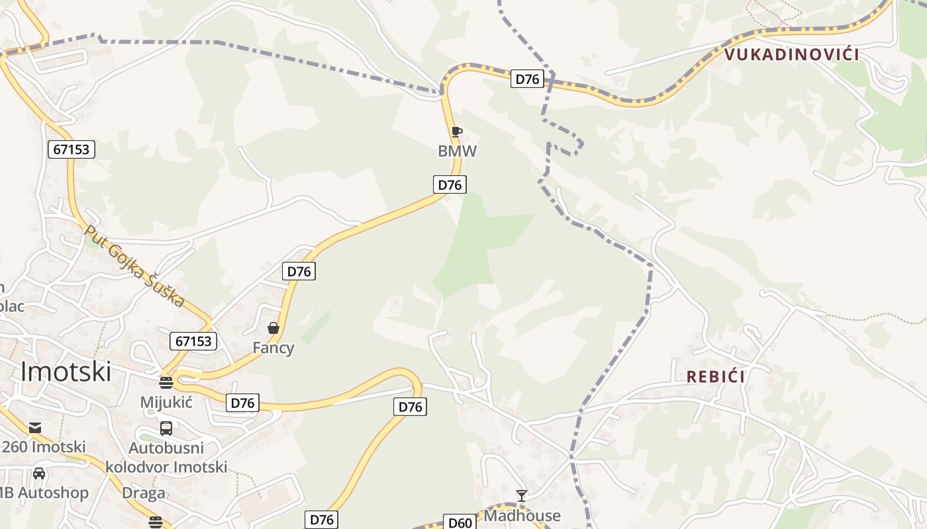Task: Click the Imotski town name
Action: coord(66,372)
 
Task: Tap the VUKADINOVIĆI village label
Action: coord(792,54)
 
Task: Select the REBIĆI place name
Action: coord(716,377)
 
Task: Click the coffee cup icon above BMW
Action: coord(456,132)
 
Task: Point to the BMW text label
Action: coord(457,151)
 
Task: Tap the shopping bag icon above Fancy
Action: coord(273,328)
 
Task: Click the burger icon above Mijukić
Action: coord(166,382)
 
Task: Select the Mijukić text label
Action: coord(166,401)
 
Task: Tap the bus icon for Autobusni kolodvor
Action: coord(166,428)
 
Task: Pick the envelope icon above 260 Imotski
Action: coord(35,428)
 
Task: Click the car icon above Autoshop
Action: coord(39,473)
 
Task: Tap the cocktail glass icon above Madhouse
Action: coord(522,496)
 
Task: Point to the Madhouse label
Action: coord(522,515)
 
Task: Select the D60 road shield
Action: coord(460,522)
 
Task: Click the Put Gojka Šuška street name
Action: coord(135,266)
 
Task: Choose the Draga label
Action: coord(144,493)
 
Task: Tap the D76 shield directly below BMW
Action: coord(450,184)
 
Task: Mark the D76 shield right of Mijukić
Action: coord(242,403)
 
